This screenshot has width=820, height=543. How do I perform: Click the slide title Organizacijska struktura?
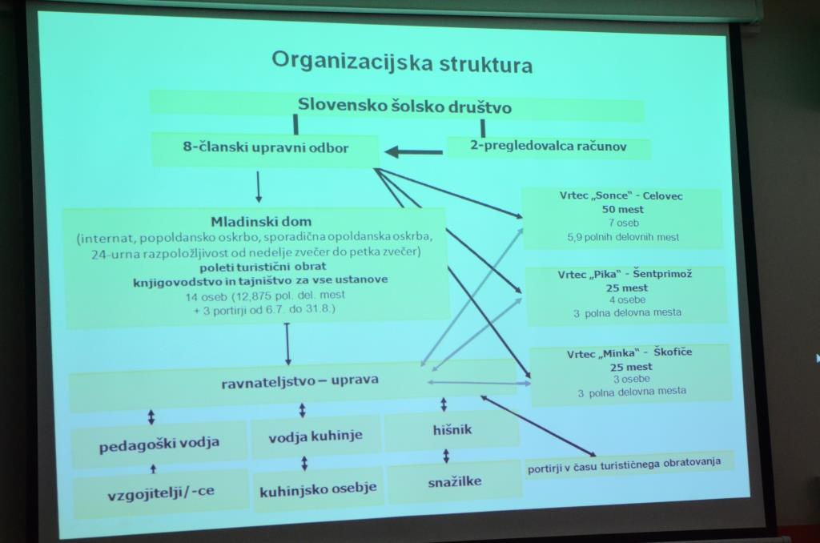402,62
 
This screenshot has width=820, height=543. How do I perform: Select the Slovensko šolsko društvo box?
397,106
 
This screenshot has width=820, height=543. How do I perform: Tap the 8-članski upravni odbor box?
265,149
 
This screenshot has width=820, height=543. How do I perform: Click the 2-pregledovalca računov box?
548,147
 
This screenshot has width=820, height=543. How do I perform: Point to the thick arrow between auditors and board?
413,152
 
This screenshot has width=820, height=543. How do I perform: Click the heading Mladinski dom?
261,221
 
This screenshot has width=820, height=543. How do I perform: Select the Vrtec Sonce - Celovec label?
621,196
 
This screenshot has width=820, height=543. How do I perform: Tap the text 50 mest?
622,209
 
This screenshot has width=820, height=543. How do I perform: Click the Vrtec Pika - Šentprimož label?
625,274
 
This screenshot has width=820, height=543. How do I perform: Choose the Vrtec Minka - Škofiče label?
629,353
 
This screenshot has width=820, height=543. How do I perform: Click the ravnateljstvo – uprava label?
299,381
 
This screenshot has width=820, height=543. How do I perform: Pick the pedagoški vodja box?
159,444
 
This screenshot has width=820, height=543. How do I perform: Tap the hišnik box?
452,431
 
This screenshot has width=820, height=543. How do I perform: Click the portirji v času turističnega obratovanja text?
624,465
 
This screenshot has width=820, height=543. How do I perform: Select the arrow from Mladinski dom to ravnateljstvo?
287,344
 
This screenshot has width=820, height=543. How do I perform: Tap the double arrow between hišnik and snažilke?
446,457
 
